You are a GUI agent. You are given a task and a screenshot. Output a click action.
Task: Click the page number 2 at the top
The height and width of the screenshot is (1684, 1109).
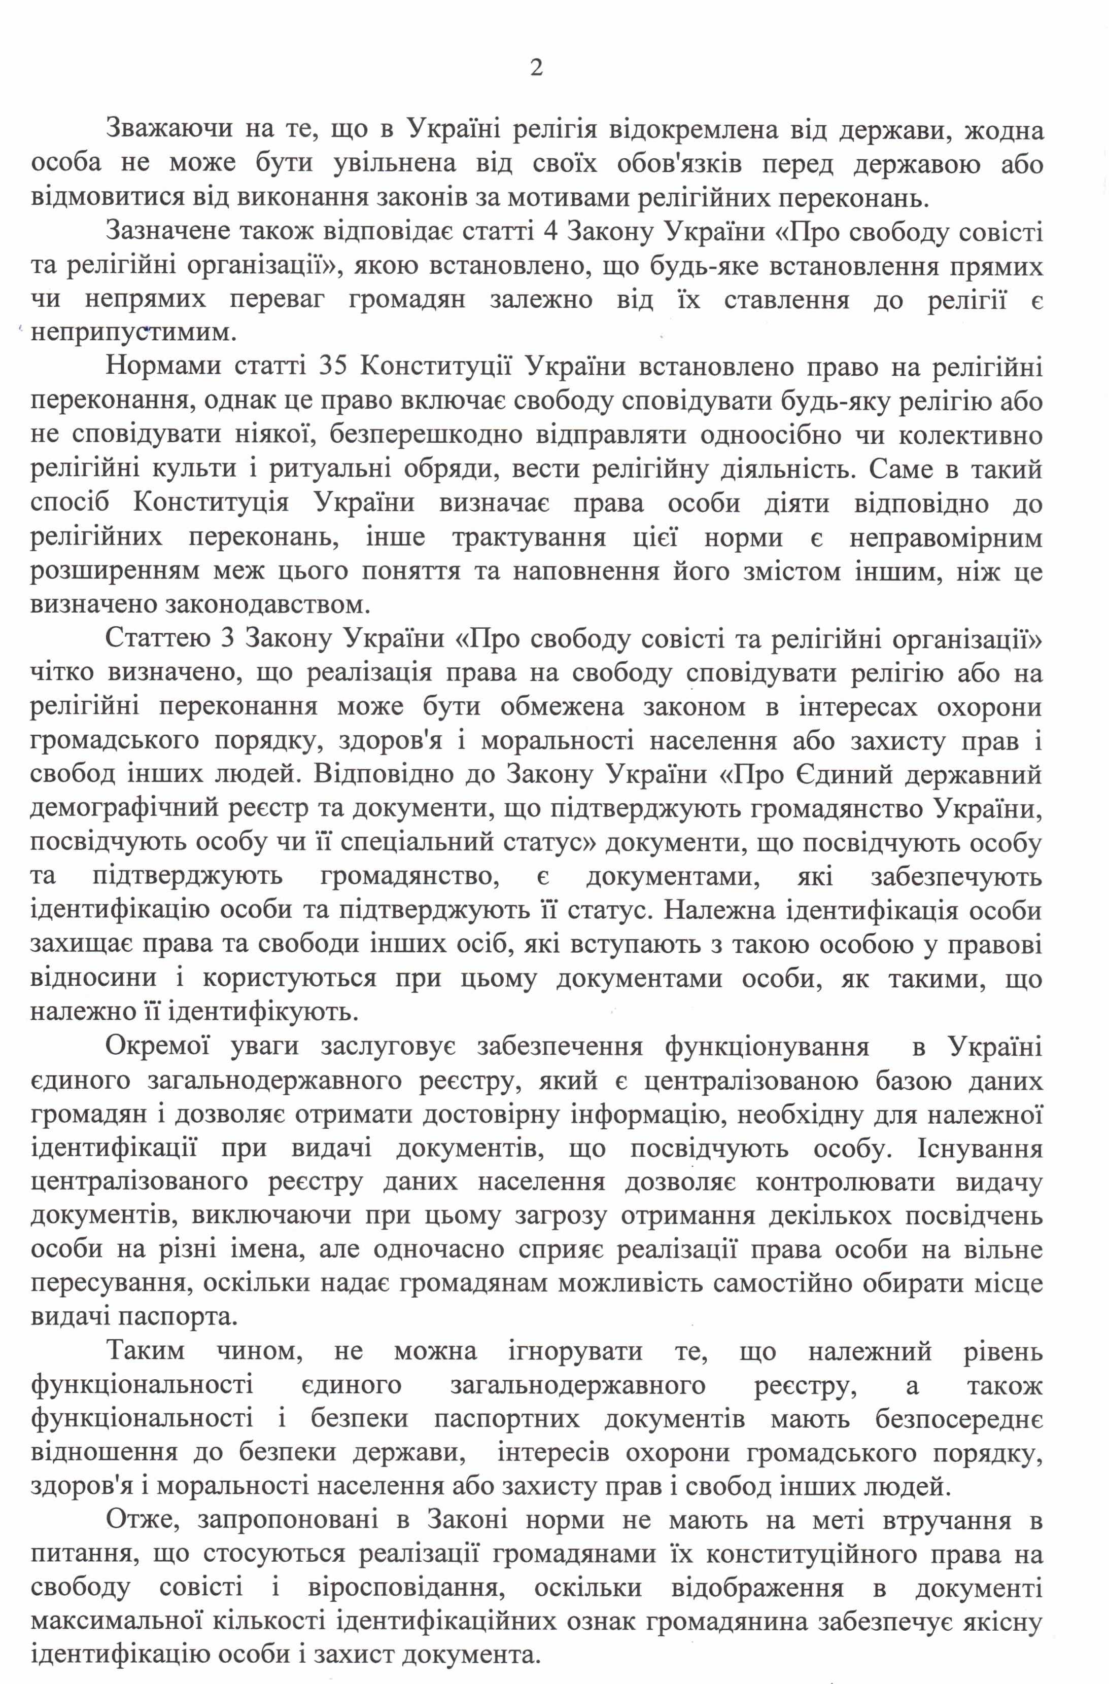[x=536, y=68]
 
